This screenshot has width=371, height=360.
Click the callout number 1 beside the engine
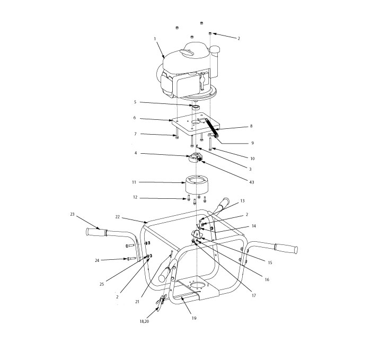(155, 39)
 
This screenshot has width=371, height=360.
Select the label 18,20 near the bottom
(144, 321)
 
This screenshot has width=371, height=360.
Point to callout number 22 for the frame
(118, 217)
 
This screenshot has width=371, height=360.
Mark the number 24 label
(97, 260)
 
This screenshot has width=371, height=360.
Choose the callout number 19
(193, 319)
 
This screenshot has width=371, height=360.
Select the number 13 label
(243, 201)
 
